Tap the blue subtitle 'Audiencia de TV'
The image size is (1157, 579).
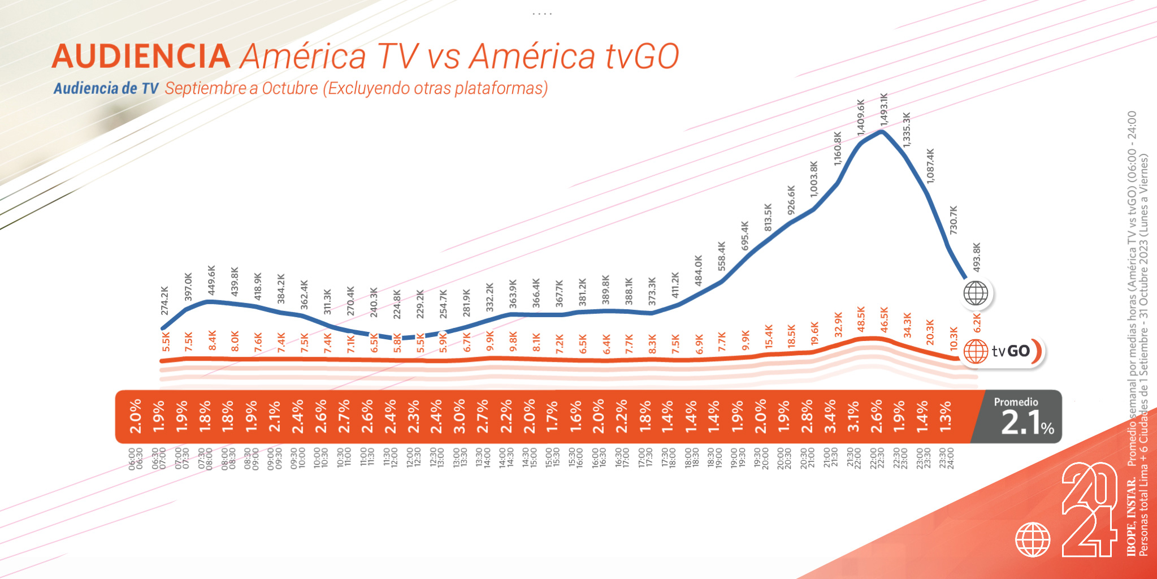[106, 88]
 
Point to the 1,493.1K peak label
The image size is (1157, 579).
[884, 110]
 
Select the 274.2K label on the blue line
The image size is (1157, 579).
[164, 301]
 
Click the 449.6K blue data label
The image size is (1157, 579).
[211, 280]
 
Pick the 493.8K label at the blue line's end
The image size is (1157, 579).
[977, 257]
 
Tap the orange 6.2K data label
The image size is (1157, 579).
[977, 323]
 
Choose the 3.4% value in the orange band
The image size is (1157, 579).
[830, 416]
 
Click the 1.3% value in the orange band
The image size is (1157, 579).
[946, 416]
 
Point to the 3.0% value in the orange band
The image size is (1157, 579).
[459, 416]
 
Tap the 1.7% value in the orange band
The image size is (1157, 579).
[552, 416]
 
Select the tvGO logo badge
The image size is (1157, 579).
[1004, 351]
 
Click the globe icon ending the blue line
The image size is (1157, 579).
[976, 293]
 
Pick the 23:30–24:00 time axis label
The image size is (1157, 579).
[946, 459]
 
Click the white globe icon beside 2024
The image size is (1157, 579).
[1033, 539]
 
